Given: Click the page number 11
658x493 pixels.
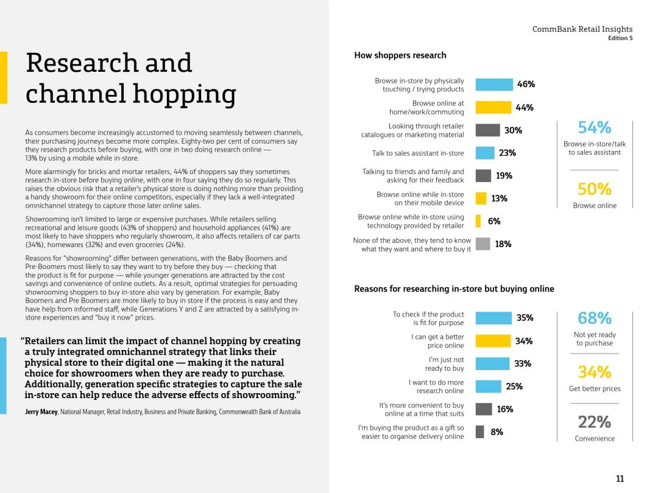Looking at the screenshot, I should point(620,479).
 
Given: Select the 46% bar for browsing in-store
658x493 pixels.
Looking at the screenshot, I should point(494,85).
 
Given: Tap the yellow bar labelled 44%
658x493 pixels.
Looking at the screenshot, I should point(493,108).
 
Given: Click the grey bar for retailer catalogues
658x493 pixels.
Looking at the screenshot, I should point(487,130).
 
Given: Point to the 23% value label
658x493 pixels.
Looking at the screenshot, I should point(507,153).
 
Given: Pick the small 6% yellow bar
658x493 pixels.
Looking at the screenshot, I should point(478,221).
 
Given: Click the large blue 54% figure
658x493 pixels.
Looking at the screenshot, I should point(594,128).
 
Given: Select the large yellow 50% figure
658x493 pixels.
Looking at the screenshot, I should point(594,189).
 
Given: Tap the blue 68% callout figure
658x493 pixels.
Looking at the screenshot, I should point(594,318).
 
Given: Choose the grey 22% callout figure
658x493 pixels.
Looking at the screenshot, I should point(594,422).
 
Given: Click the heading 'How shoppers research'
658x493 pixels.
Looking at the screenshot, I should point(400,55).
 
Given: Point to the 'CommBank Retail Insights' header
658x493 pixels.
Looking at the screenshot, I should point(582,29).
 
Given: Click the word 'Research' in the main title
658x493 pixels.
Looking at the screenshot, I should point(109,63).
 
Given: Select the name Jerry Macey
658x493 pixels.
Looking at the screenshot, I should point(41,412).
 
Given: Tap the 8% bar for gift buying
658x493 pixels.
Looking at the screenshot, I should point(479,432).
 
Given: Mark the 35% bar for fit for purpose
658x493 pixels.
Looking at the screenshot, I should point(493,318).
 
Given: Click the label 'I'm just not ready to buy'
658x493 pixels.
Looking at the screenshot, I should point(445,364).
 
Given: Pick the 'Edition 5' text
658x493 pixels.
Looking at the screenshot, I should point(620,38).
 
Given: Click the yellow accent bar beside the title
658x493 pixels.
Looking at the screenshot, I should point(4,77).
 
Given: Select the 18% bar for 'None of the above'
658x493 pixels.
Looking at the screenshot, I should point(483,244).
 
